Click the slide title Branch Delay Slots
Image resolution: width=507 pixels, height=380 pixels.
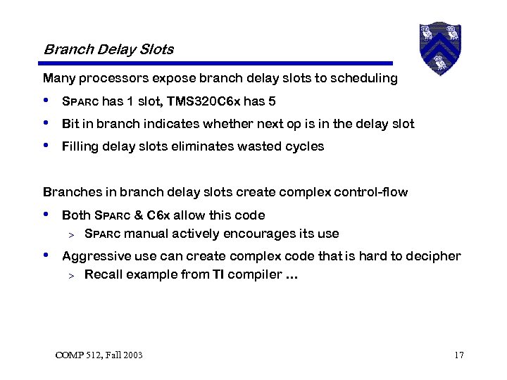[108, 49]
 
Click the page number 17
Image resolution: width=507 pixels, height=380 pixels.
[458, 355]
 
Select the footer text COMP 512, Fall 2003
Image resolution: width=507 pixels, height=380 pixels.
[99, 355]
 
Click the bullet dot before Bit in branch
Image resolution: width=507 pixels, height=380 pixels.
[46, 123]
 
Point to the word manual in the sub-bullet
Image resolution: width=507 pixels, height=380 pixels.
[144, 234]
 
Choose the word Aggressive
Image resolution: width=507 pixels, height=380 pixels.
[92, 256]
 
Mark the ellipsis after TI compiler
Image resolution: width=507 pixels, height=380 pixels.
[292, 275]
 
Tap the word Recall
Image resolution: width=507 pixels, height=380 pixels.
[101, 274]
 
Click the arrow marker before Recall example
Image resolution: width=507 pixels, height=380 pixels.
[70, 275]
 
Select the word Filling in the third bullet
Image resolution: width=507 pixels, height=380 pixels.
[79, 146]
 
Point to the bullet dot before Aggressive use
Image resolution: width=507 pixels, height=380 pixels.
[46, 255]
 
